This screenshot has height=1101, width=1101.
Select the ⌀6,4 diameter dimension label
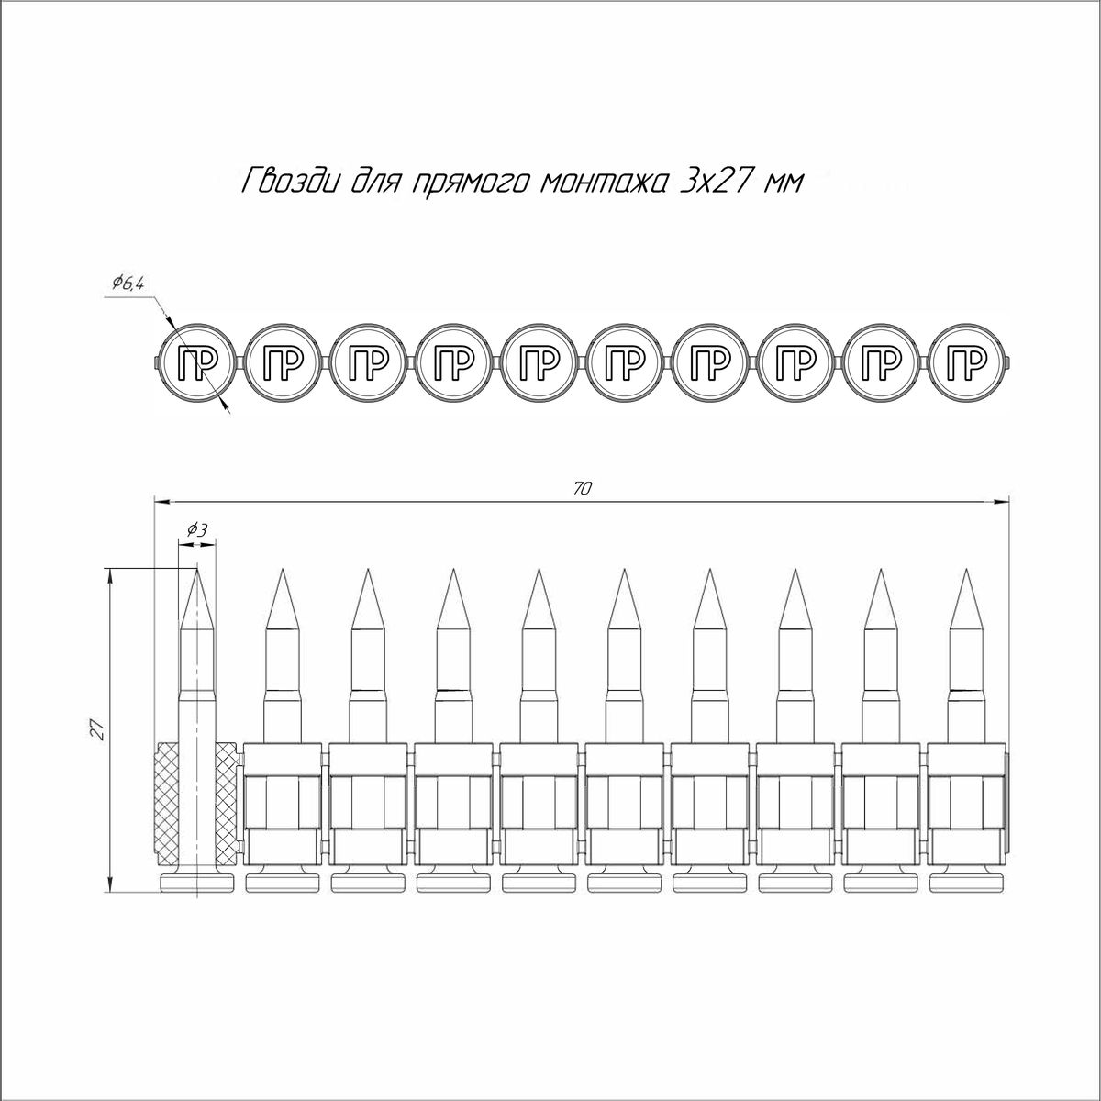128,284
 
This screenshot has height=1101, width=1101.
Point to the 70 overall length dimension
583,489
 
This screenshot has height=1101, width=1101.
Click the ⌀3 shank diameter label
196,531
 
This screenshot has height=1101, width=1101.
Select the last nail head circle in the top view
967,364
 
